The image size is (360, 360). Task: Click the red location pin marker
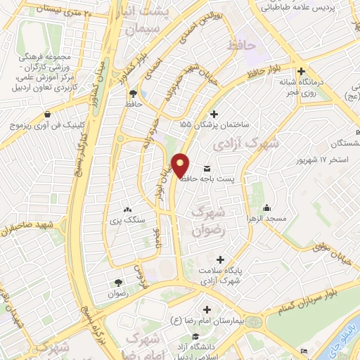tap(181, 165)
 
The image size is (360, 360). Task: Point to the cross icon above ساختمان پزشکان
tap(214, 114)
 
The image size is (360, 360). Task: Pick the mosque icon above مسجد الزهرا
tap(267, 208)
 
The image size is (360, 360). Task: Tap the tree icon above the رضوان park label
tap(118, 283)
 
